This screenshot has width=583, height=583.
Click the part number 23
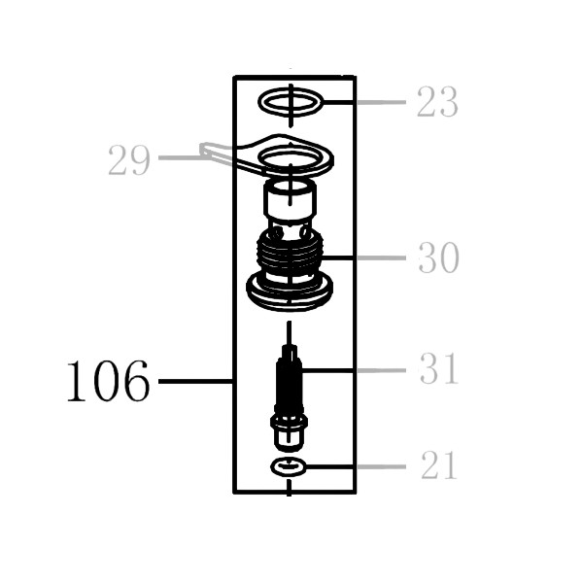pos(437,101)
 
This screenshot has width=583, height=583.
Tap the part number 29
pos(129,160)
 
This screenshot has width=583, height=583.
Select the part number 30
pos(439,257)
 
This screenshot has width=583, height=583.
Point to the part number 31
pos(439,368)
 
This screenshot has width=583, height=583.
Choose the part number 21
pos(439,464)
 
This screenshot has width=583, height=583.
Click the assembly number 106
pos(108,381)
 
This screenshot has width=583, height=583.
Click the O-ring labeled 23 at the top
pos(291,94)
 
